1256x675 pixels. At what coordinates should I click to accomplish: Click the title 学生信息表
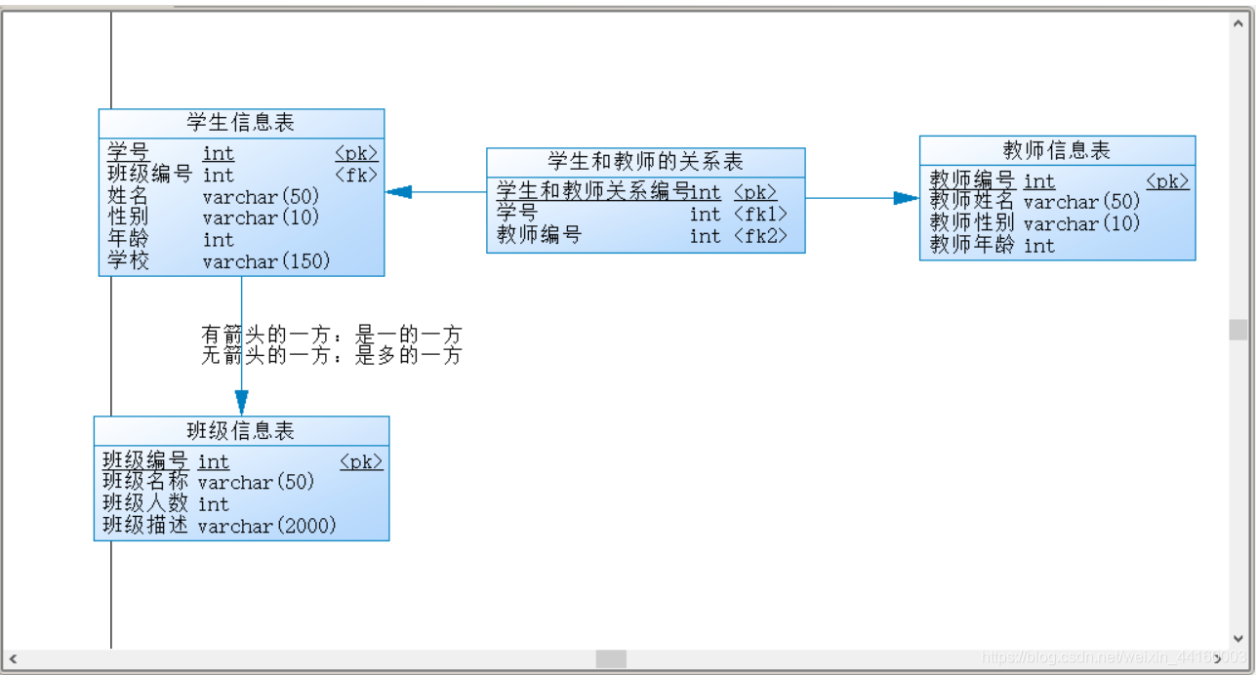[241, 123]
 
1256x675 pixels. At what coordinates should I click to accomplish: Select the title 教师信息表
[1057, 150]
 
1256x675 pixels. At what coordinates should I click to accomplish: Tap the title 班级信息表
[241, 430]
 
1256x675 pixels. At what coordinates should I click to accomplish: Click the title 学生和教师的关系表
[645, 162]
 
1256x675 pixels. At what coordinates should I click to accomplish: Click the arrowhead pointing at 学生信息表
[398, 192]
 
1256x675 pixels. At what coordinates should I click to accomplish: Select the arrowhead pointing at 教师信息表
[907, 198]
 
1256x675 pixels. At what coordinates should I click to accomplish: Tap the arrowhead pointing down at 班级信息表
[241, 403]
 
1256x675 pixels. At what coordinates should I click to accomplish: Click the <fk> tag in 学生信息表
[356, 175]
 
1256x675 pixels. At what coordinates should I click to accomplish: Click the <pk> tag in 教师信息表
[1167, 180]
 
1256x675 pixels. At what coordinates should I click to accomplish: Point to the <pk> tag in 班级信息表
[361, 461]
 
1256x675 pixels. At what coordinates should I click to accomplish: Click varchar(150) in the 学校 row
[266, 261]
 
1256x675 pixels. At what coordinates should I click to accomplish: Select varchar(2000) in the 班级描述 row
[266, 526]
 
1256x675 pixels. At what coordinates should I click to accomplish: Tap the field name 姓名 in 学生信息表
[127, 196]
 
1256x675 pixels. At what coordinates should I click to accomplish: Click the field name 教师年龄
[972, 245]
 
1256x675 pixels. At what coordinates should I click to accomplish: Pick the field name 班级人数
[145, 503]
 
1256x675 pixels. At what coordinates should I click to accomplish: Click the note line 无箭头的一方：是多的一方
[331, 356]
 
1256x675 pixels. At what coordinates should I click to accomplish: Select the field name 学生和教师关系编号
[592, 191]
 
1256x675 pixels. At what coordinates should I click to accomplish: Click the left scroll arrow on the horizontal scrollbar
[13, 659]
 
